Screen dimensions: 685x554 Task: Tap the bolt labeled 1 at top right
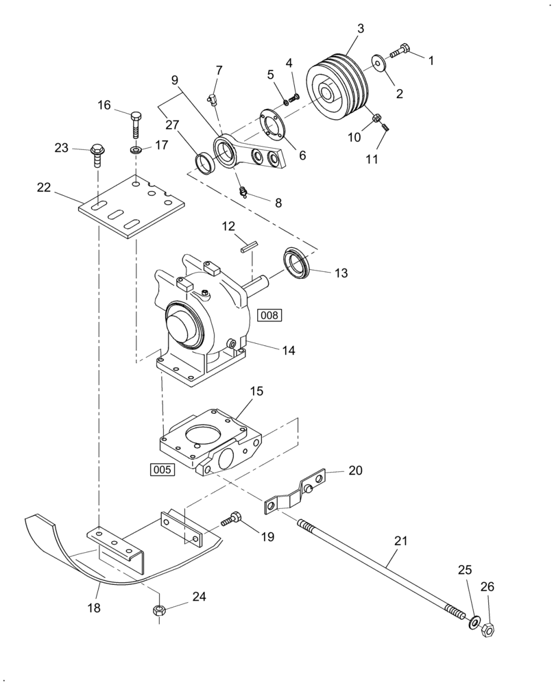400,51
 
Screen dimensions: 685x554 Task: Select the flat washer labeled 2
378,62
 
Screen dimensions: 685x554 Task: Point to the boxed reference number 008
269,314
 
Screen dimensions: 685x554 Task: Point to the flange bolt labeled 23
96,155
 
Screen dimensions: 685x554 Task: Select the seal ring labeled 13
297,262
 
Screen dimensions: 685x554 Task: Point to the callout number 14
289,349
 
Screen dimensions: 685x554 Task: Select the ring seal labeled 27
204,163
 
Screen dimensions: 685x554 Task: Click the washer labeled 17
136,149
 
